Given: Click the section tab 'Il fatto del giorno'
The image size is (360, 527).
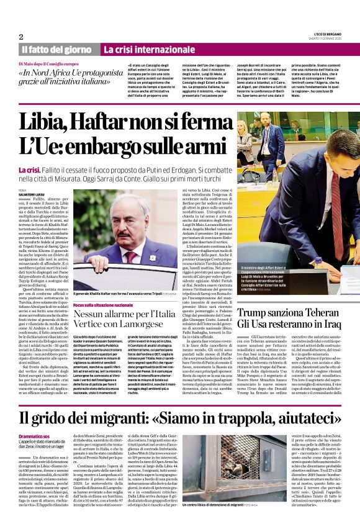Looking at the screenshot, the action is click(x=56, y=49).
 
